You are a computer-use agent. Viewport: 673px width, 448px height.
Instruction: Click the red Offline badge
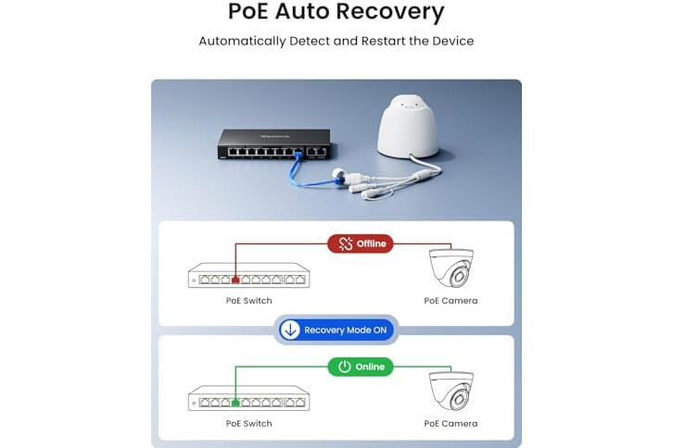tap(361, 243)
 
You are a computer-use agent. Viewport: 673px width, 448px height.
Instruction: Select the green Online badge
tap(361, 367)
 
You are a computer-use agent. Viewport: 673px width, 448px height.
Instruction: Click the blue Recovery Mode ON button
tap(336, 330)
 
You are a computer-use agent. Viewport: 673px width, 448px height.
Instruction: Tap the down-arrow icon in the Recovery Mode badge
tap(290, 330)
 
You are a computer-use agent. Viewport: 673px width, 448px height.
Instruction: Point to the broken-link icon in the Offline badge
tap(346, 243)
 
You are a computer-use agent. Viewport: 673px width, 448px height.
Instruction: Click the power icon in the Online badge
tap(345, 367)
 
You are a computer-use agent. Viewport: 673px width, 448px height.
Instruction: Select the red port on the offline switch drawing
tap(235, 280)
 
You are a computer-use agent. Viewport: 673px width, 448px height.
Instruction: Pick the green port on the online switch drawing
tap(235, 403)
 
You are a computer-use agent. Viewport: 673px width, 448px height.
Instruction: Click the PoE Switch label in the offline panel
tap(249, 301)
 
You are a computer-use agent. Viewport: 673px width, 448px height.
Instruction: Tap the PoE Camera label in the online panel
tap(451, 424)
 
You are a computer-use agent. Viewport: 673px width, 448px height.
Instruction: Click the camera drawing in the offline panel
tap(451, 268)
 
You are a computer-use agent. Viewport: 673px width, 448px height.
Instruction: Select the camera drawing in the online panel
tap(451, 391)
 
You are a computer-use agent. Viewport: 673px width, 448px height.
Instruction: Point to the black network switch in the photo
tap(274, 144)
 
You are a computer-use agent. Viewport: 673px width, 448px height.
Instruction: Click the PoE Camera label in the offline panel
tap(451, 301)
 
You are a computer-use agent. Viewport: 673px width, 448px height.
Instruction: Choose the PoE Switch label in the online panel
tap(249, 424)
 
